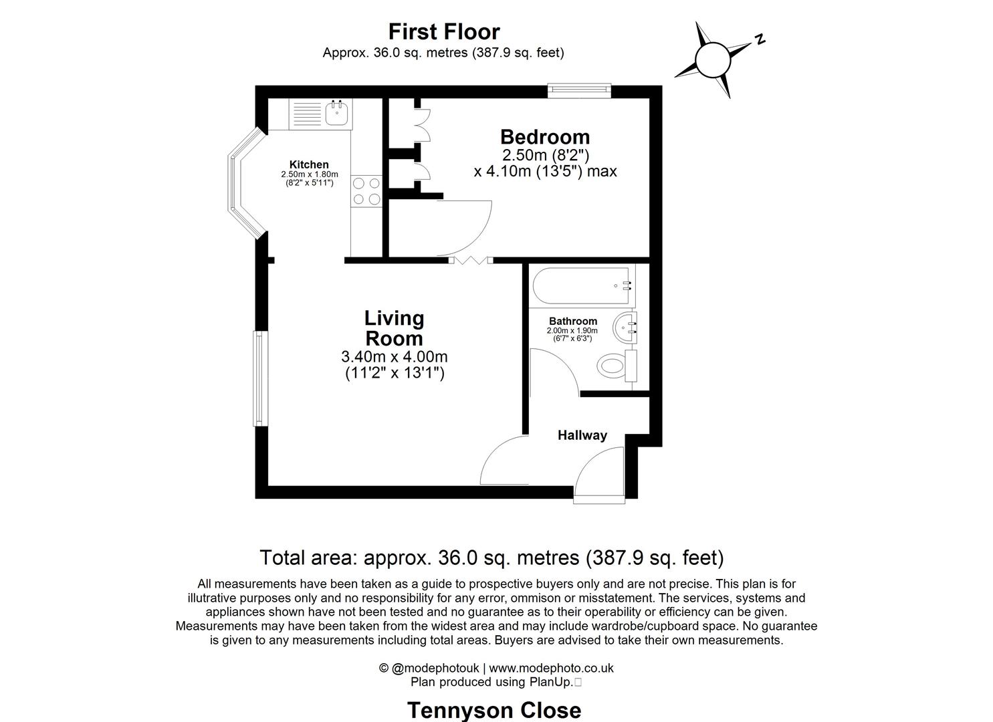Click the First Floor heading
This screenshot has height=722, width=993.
pos(444,31)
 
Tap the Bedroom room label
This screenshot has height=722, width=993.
pos(545,137)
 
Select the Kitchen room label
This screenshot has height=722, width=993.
pos(309,164)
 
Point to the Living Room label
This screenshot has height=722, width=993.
pos(394,328)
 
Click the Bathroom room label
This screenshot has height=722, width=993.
pos(573,321)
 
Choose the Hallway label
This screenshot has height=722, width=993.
pos(582,435)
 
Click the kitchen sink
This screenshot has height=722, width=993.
pos(337,113)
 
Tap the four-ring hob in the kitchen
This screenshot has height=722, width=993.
pos(366,191)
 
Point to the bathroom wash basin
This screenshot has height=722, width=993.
pos(627,327)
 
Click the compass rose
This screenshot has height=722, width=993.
pos(713,59)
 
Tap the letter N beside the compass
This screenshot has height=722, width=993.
pos(760,39)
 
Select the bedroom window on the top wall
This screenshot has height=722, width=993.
pos(579,90)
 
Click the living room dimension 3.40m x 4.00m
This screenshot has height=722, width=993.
pos(394,357)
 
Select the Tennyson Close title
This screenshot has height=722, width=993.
pos(494,709)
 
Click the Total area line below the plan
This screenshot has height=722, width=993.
pos(491,557)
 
